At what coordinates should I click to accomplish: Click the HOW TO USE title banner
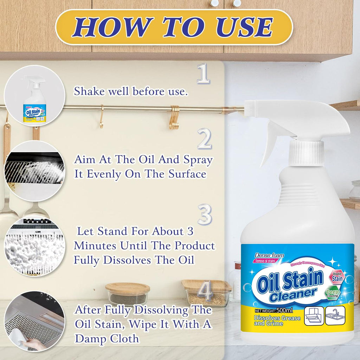[174, 27]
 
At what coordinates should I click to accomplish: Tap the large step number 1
[203, 73]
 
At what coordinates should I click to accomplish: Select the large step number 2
[204, 138]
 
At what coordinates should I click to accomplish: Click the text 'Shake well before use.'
[130, 91]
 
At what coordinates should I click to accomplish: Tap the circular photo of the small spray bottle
[34, 96]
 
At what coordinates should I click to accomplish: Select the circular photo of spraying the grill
[34, 171]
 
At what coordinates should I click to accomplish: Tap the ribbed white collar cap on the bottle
[306, 153]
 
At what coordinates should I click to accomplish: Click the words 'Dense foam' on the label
[269, 255]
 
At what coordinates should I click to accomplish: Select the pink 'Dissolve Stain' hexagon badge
[337, 276]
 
